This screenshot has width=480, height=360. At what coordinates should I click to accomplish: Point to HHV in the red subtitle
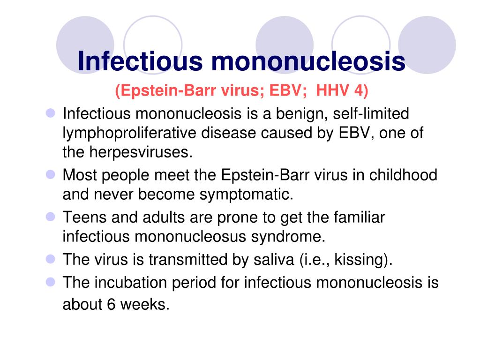pyautogui.click(x=332, y=90)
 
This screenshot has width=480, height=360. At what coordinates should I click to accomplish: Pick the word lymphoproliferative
pyautogui.click(x=130, y=133)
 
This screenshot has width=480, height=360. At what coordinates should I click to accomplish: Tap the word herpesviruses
pyautogui.click(x=142, y=152)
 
